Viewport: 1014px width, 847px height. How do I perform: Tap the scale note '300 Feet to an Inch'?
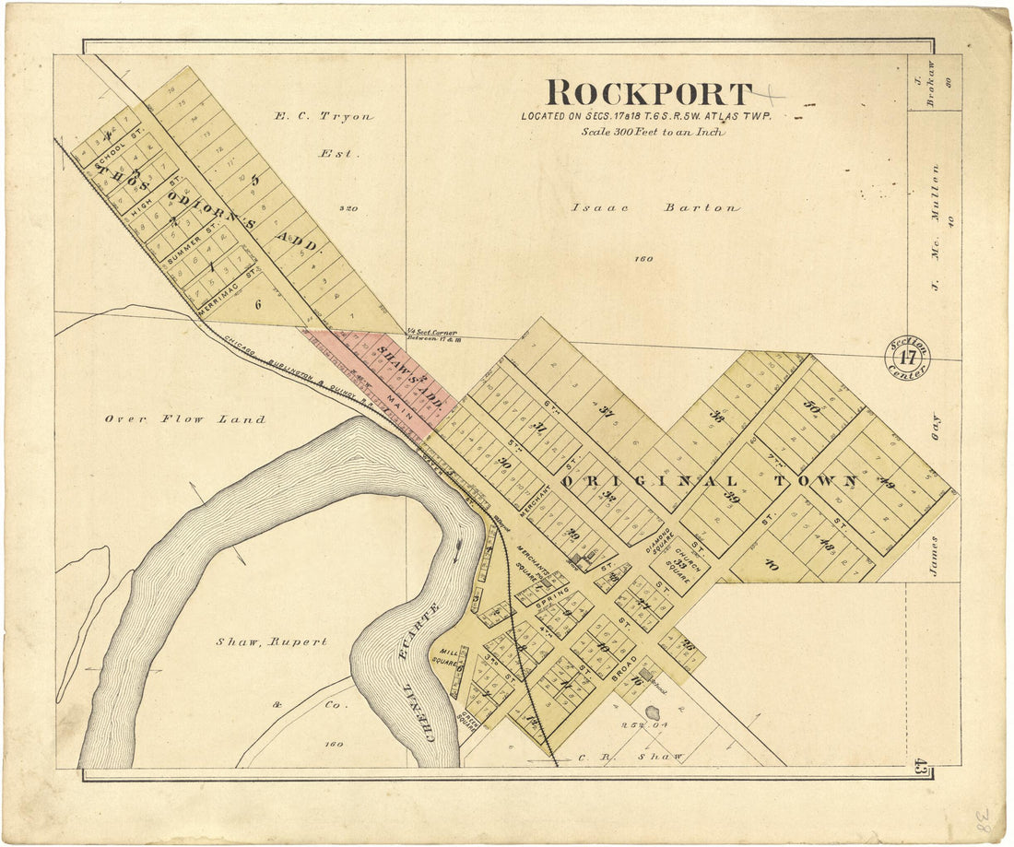tap(652, 132)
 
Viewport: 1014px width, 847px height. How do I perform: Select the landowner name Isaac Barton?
tap(654, 208)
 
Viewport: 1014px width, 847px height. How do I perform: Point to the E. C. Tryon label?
tap(324, 117)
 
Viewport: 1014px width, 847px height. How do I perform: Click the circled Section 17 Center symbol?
tap(908, 358)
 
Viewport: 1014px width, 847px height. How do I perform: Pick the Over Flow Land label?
tap(184, 419)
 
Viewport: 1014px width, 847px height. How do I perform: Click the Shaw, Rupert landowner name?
tap(271, 641)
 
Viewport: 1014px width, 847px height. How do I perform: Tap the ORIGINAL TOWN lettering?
tap(710, 482)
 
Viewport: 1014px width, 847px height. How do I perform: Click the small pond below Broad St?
tap(653, 713)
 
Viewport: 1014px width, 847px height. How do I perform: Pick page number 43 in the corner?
tap(920, 764)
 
